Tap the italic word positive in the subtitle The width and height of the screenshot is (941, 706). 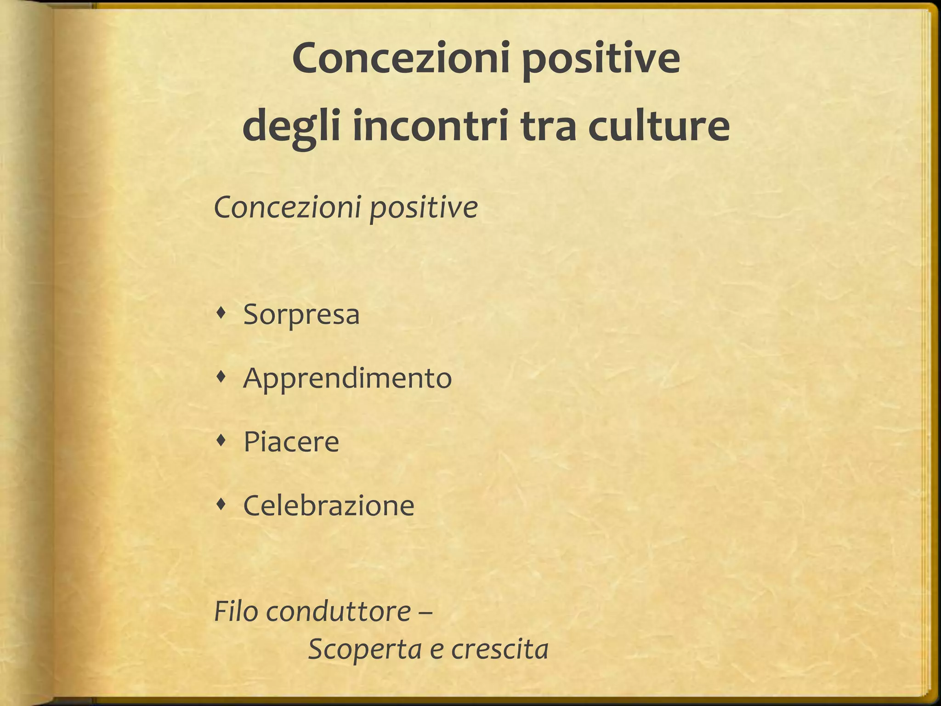coord(424,209)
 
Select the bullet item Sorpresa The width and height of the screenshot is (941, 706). coord(301,314)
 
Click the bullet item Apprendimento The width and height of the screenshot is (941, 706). coord(347,379)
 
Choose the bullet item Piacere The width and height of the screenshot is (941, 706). coord(291,442)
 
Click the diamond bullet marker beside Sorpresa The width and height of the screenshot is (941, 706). coord(222,314)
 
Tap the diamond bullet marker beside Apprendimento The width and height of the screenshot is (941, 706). coord(222,378)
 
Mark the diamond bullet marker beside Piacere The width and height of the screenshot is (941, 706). coord(222,442)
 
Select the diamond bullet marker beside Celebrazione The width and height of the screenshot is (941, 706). coord(222,505)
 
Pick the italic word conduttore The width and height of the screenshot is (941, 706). coord(338,612)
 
